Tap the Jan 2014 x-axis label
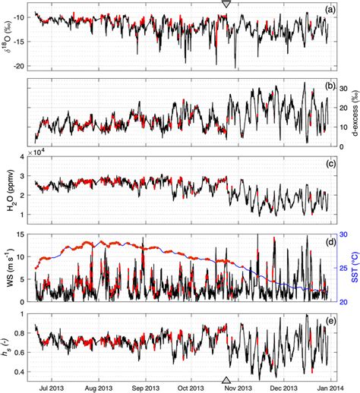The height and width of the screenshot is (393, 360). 336,386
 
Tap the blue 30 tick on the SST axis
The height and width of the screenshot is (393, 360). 341,234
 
